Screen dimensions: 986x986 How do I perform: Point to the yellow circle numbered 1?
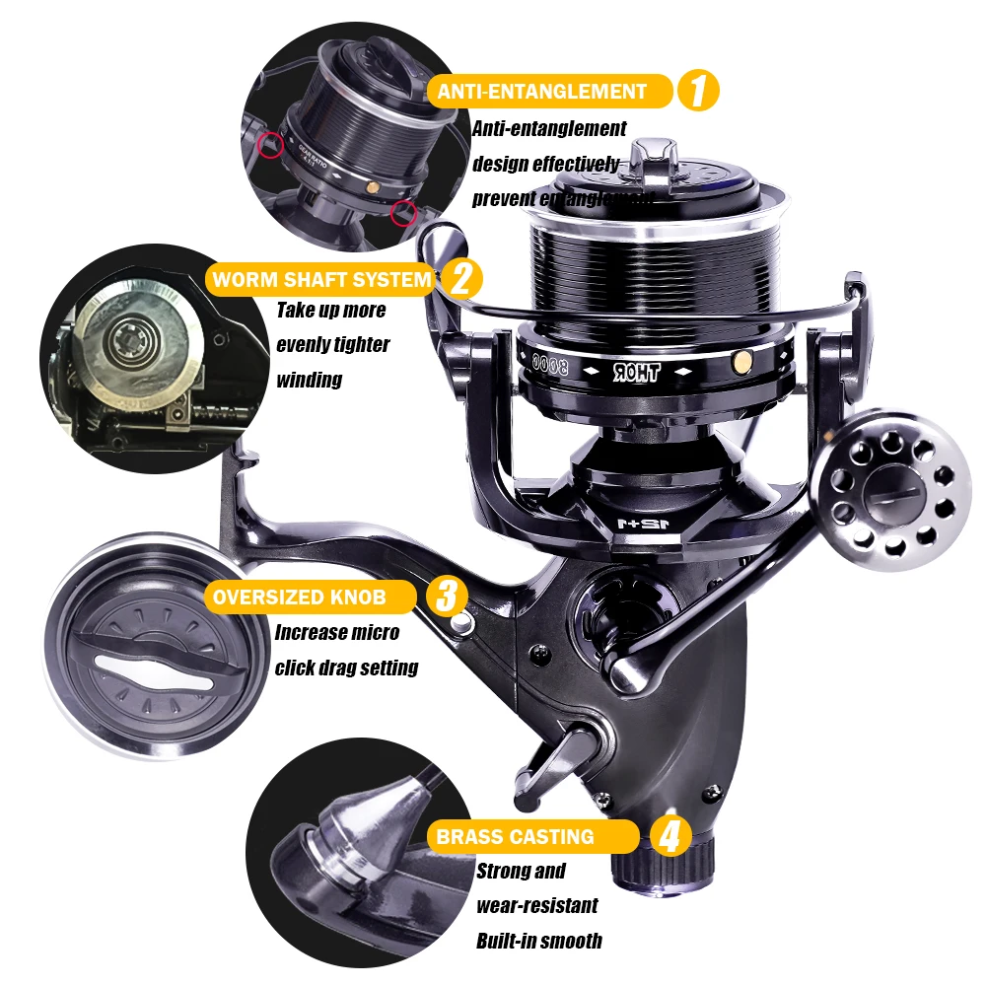[698, 92]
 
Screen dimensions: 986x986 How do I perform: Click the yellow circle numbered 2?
[460, 279]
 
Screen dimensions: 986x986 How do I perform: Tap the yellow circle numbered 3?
[446, 596]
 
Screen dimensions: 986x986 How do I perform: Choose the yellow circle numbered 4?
[670, 837]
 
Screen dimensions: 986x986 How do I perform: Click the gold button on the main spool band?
[737, 365]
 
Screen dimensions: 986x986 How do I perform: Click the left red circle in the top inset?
[265, 146]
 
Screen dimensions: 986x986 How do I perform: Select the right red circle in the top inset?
[400, 212]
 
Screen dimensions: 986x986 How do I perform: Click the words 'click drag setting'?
[346, 668]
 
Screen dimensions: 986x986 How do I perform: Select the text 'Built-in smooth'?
[538, 941]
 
